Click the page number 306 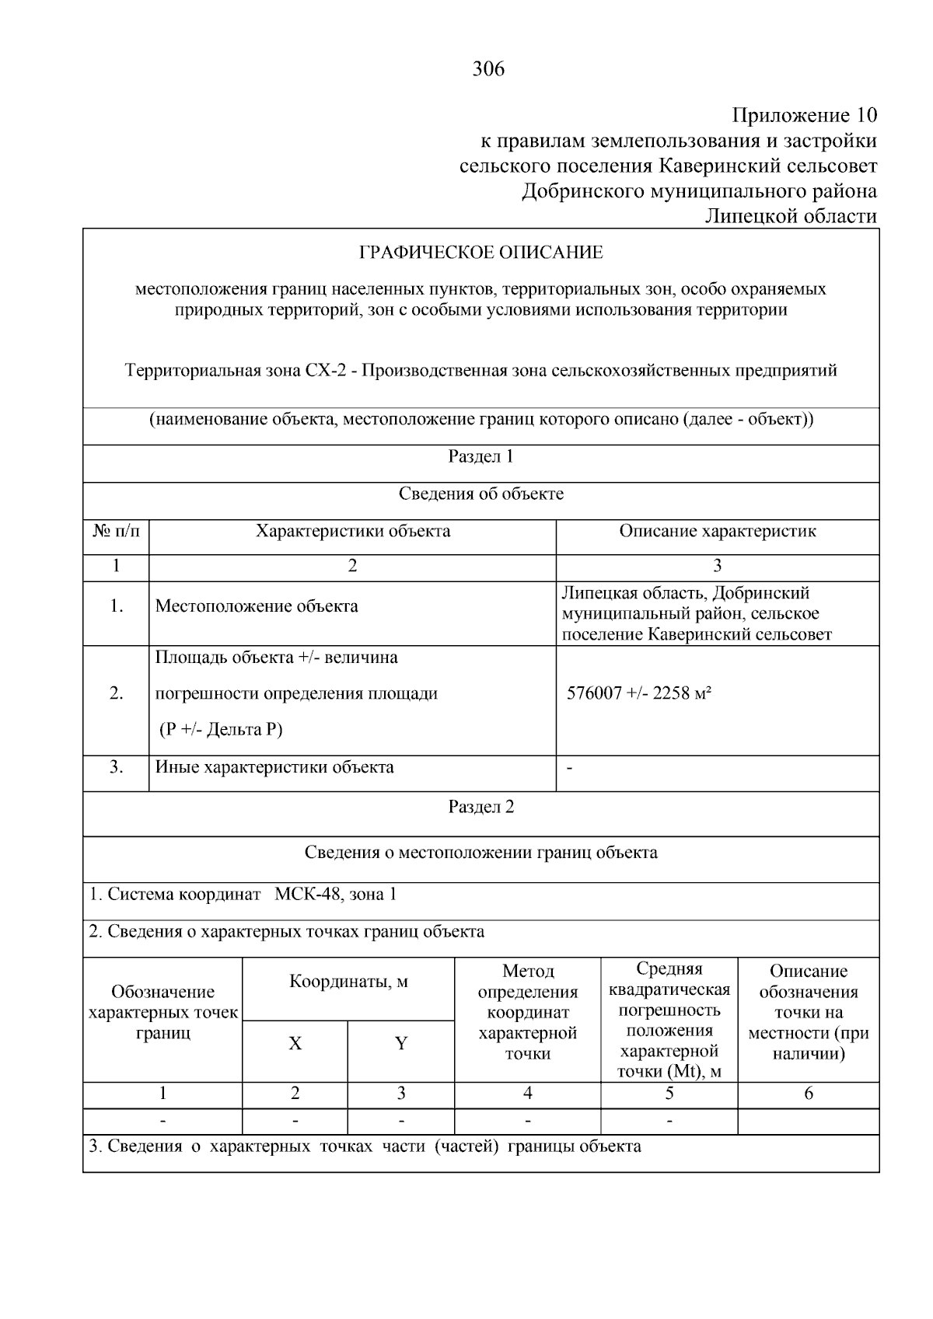(488, 69)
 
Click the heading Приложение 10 (805, 116)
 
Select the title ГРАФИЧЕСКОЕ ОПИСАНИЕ (480, 253)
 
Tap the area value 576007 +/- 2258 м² (639, 693)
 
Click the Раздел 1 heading (480, 456)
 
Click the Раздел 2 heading (480, 807)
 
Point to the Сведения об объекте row (480, 494)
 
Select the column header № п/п (116, 532)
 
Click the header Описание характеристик (717, 532)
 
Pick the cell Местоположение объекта (257, 606)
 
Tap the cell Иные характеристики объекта (274, 768)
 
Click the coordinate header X (295, 1044)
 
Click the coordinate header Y (400, 1044)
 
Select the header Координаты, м (348, 982)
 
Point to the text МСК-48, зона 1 (335, 895)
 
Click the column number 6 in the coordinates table (808, 1094)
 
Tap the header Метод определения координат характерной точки (527, 1013)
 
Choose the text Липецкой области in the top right (791, 216)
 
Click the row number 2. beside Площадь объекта (116, 693)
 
